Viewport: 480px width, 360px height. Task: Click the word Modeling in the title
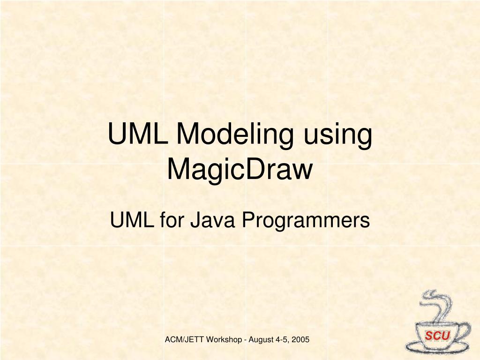(236, 135)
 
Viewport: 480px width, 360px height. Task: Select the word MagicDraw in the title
(240, 169)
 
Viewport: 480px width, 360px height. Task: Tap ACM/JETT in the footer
(183, 339)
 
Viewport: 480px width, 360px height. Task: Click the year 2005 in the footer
(300, 339)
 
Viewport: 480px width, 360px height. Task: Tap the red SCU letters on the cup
(437, 336)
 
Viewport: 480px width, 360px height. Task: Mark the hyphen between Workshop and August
(245, 340)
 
